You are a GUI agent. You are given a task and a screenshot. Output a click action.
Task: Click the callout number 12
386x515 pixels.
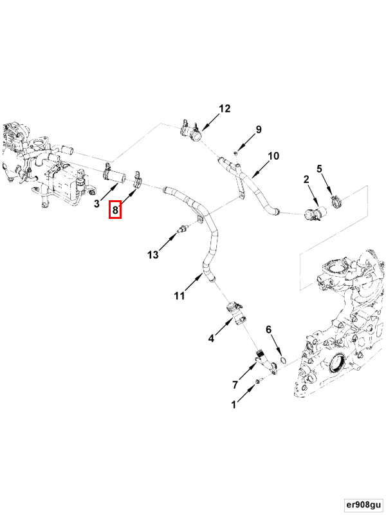click(224, 109)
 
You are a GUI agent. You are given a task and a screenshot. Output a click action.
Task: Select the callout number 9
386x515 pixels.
click(259, 129)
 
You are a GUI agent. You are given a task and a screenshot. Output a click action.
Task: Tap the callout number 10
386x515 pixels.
click(273, 156)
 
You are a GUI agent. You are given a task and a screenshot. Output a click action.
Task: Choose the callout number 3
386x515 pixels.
click(96, 204)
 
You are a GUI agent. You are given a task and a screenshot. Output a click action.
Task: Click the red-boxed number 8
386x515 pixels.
click(115, 209)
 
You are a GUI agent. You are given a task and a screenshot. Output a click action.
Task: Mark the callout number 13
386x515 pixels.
click(152, 255)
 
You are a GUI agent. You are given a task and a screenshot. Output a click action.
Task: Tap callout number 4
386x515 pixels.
click(210, 338)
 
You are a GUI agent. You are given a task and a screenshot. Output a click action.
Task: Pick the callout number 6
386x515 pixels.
click(269, 330)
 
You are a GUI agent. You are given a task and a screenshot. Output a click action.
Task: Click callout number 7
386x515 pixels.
click(235, 384)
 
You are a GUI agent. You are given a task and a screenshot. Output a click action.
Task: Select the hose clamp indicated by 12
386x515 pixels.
click(191, 133)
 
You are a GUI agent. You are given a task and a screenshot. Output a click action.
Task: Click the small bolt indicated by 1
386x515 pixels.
click(258, 382)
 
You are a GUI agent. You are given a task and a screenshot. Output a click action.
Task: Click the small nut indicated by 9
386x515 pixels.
click(237, 153)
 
